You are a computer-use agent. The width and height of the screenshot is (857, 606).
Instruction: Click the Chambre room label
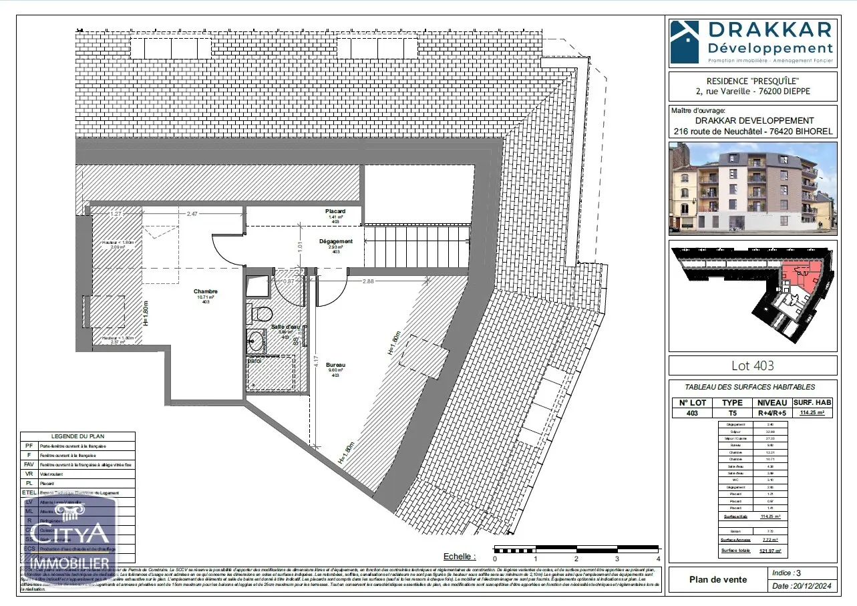click(x=205, y=291)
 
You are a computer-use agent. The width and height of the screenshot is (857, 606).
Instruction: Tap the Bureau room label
click(x=335, y=365)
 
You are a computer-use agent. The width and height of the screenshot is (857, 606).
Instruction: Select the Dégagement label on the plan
click(x=335, y=241)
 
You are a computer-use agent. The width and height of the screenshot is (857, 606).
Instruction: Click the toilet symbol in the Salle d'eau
click(x=261, y=313)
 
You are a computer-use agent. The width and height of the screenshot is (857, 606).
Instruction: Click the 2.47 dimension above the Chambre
click(x=192, y=214)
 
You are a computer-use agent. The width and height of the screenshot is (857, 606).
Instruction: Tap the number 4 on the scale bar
click(x=658, y=559)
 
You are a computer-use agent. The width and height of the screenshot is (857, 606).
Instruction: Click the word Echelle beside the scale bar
click(x=460, y=556)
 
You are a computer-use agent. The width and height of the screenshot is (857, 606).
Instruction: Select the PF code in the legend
click(x=29, y=446)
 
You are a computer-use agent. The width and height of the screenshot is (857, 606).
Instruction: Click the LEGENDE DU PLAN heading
click(x=77, y=436)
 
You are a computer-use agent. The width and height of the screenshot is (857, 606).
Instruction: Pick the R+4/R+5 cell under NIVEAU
click(x=772, y=413)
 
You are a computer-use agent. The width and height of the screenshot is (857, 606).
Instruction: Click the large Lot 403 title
click(x=752, y=365)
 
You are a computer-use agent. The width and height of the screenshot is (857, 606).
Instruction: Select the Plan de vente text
click(x=718, y=579)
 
